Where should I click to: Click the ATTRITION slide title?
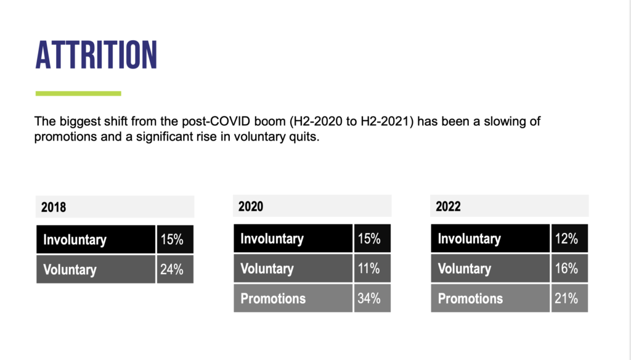(x=96, y=55)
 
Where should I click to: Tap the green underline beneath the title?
(x=78, y=94)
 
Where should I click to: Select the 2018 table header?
(x=54, y=207)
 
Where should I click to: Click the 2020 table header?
(x=251, y=206)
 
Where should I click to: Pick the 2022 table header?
(x=448, y=206)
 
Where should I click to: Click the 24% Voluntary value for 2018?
(x=172, y=269)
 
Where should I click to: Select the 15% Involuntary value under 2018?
(x=172, y=239)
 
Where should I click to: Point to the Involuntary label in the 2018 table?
(x=75, y=240)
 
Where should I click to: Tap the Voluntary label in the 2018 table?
(x=70, y=269)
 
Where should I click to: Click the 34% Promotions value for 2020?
(x=369, y=298)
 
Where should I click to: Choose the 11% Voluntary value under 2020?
(x=369, y=268)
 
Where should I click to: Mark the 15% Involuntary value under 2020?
(x=369, y=239)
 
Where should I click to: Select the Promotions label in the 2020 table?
(x=273, y=298)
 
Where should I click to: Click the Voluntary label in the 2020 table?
(x=267, y=269)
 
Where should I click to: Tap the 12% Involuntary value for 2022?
(x=566, y=239)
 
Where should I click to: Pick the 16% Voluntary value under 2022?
(x=566, y=268)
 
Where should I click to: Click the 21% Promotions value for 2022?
(x=566, y=298)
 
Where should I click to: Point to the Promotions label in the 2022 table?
(x=470, y=298)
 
